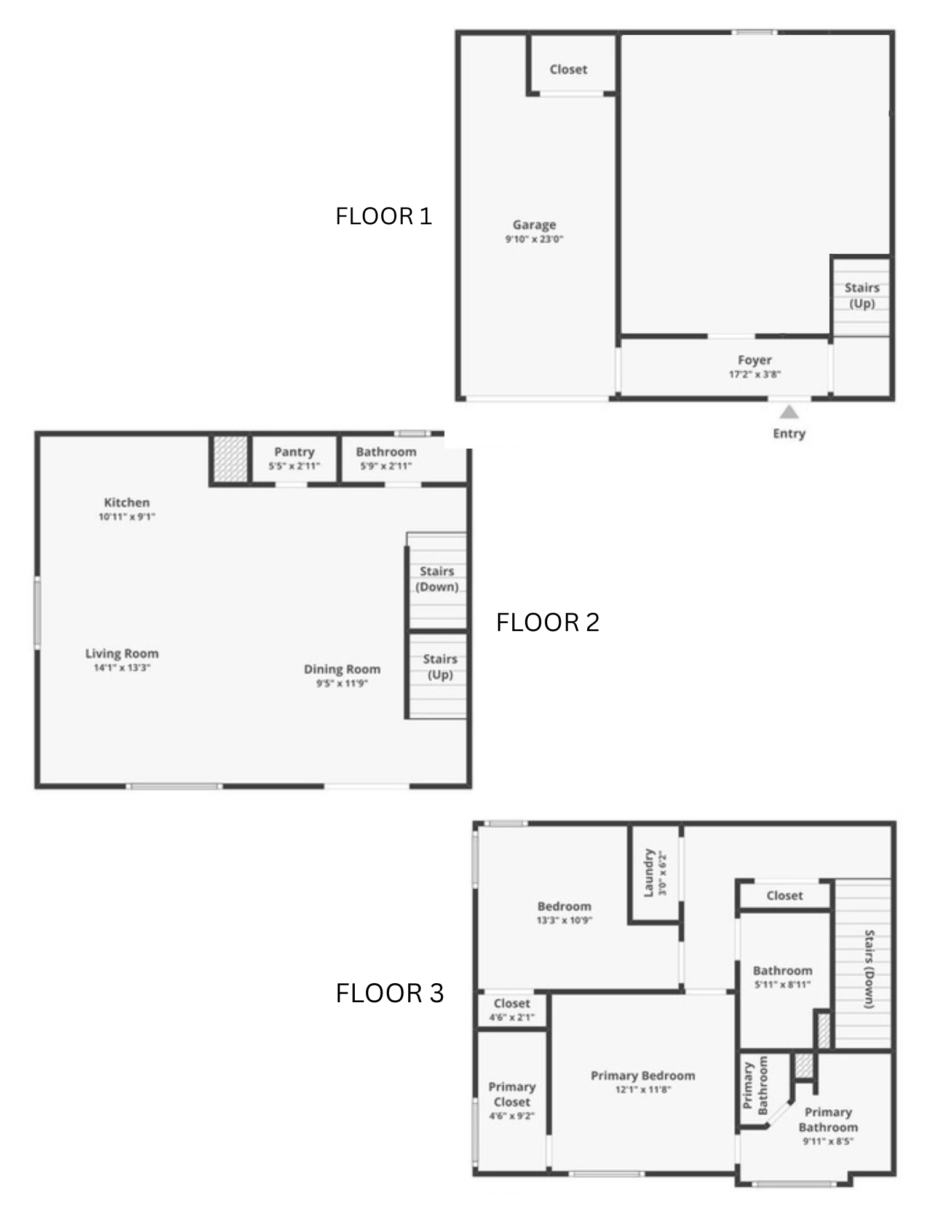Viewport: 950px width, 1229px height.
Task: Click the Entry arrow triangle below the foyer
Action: pos(790,412)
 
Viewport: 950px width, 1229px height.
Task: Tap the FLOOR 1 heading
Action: pos(384,216)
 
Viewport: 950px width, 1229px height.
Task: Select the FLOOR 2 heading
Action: pos(548,622)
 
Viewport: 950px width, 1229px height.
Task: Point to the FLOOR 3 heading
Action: pos(390,994)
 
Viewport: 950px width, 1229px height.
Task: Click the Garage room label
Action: pos(534,225)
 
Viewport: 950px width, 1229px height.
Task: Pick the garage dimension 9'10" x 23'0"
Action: pos(534,239)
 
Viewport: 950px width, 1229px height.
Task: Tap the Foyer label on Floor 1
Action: pos(754,360)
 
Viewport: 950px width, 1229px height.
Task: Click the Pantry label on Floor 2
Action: pos(295,452)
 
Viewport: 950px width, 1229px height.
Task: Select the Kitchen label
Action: pos(127,503)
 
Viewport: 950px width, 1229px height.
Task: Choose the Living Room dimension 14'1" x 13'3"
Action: pos(122,667)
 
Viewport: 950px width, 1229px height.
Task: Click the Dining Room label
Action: pos(342,669)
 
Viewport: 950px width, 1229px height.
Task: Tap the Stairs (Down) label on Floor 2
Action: pos(437,579)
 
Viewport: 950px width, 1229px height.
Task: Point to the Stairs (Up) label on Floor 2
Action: pos(440,667)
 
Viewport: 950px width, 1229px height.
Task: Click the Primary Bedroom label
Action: pos(643,1075)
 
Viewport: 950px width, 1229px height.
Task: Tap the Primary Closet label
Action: pos(512,1094)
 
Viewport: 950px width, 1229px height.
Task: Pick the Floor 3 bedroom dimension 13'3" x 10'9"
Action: pos(564,920)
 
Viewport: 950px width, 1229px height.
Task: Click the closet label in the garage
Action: pos(568,69)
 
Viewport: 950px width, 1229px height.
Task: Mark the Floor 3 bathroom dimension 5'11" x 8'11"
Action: pos(783,984)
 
